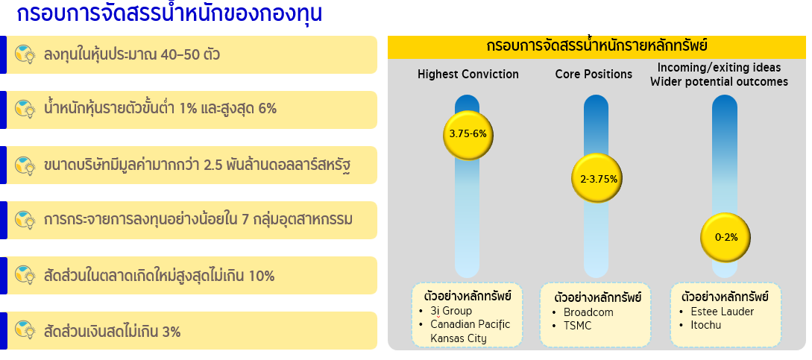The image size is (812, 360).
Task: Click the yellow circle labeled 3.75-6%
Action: (468, 135)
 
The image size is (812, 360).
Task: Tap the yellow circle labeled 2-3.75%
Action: (597, 179)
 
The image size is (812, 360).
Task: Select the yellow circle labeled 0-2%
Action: (726, 238)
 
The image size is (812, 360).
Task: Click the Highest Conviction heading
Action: (468, 75)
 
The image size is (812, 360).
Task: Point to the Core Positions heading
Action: (594, 75)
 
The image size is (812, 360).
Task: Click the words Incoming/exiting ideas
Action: (719, 67)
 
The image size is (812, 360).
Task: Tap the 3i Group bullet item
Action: (451, 311)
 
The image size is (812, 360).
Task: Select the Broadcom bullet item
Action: (588, 312)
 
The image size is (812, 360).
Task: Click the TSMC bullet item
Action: (577, 326)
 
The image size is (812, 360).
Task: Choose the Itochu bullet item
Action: (706, 325)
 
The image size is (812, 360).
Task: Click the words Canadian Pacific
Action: (470, 324)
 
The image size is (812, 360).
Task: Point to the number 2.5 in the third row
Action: (214, 165)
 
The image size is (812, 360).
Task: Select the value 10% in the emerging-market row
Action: (262, 276)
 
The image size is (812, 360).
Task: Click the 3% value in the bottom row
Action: (171, 332)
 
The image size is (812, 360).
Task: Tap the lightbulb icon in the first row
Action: (25, 54)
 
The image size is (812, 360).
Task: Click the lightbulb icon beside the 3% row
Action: (25, 331)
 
